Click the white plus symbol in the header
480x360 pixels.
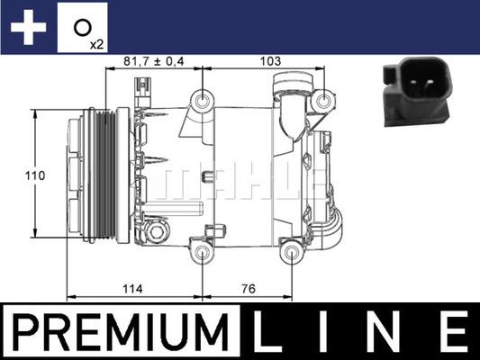pyautogui.click(x=28, y=28)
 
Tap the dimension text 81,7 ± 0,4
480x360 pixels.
pyautogui.click(x=153, y=60)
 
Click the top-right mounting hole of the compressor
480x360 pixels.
pyautogui.click(x=322, y=100)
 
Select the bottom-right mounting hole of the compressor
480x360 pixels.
pyautogui.click(x=290, y=253)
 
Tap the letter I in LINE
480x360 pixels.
pyautogui.click(x=330, y=333)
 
